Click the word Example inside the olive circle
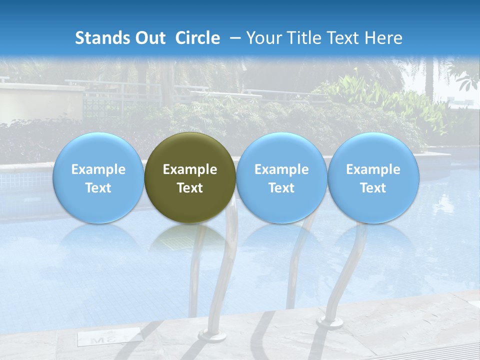pos(190,169)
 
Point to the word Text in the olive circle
pos(190,188)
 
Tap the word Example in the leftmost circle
pos(98,169)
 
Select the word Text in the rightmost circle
pos(373,188)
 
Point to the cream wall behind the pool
pos(40,102)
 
